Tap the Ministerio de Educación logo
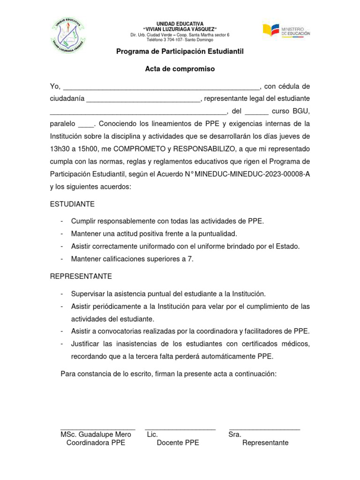(286, 31)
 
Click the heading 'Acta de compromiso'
(180, 69)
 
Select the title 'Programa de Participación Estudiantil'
(180, 51)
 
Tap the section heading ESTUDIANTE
(72, 204)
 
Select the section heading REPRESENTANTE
(81, 277)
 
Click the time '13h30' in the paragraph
(59, 149)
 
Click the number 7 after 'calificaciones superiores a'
(190, 259)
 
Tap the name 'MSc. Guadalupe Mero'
(96, 435)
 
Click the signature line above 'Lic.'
(180, 428)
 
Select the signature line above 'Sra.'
(264, 428)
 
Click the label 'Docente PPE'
(178, 443)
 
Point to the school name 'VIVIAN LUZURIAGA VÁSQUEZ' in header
(180, 29)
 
